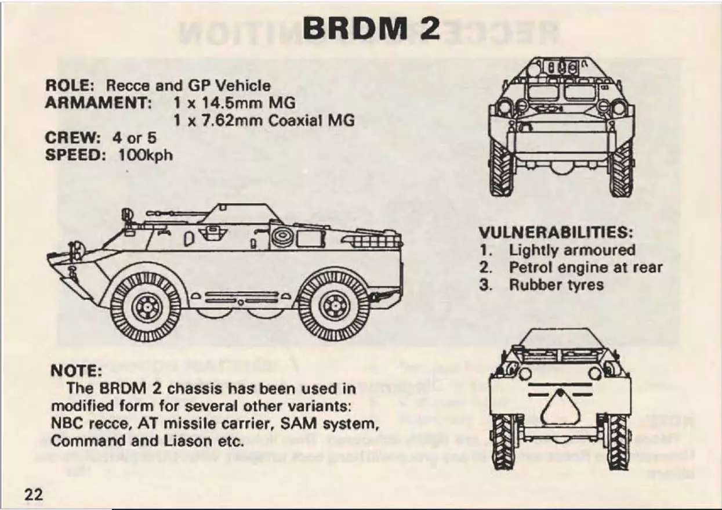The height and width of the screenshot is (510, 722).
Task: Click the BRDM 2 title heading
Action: pyautogui.click(x=371, y=28)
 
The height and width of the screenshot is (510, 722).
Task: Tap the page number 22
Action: pyautogui.click(x=34, y=494)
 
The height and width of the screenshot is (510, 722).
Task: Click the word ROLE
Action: pyautogui.click(x=69, y=85)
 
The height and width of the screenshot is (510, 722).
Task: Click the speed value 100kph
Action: pyautogui.click(x=146, y=155)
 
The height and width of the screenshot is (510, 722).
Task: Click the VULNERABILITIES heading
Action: pyautogui.click(x=556, y=233)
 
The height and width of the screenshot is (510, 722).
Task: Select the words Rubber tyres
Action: pyautogui.click(x=556, y=285)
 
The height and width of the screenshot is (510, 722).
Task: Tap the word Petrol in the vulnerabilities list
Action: pyautogui.click(x=531, y=267)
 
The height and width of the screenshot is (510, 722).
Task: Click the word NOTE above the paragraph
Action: pyautogui.click(x=76, y=371)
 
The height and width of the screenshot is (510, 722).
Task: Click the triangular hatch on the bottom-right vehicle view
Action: pyautogui.click(x=560, y=407)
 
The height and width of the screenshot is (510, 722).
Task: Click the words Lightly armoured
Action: pyautogui.click(x=572, y=250)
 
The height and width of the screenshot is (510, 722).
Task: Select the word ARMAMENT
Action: pyautogui.click(x=99, y=103)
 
